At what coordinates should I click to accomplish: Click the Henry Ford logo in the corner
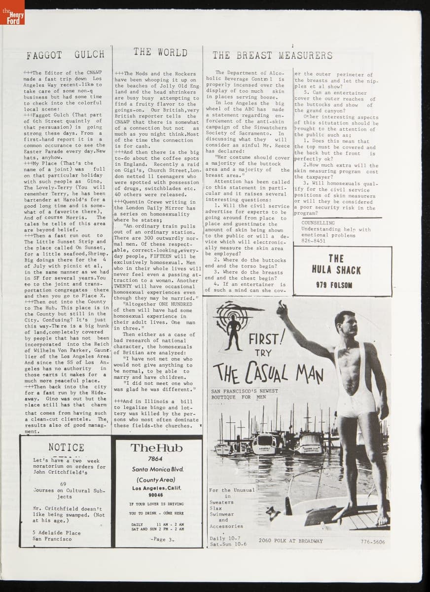12,12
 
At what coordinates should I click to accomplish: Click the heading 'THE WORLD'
160,52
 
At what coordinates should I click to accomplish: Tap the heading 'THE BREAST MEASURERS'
273,55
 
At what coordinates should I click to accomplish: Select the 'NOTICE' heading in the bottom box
66,447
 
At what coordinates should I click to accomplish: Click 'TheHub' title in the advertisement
156,448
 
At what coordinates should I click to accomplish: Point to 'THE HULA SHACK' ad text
336,264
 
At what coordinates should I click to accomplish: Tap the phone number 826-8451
314,241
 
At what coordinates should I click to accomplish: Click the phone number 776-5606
372,541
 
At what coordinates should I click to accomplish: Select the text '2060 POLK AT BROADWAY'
290,541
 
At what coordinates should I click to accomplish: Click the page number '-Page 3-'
158,539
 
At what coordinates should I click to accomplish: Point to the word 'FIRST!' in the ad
266,339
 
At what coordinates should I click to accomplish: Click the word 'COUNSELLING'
318,223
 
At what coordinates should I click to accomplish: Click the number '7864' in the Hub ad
157,459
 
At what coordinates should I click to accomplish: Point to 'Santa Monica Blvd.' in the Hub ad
157,469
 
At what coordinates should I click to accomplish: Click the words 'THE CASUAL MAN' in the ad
268,371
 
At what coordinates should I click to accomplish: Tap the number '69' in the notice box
63,484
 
